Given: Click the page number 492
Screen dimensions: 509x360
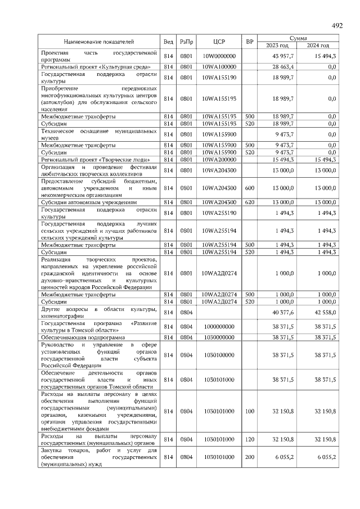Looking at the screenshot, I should click(337, 26).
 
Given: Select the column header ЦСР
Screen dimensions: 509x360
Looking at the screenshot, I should click(219, 42).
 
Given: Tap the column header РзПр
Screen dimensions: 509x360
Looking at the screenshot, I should click(186, 42).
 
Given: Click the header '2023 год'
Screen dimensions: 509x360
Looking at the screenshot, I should click(277, 46).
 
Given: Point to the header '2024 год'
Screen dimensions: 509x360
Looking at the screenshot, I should click(318, 46).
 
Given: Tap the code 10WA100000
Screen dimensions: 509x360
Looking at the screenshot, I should click(219, 67).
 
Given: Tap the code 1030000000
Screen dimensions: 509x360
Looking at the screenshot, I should click(219, 337).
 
